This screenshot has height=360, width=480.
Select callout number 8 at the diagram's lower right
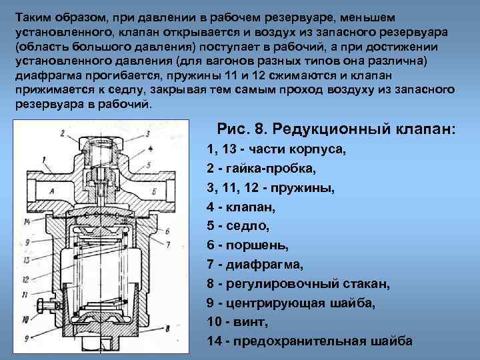(x=168, y=329)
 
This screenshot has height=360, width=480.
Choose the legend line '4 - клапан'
(x=241, y=207)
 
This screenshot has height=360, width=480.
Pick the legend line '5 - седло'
(x=239, y=226)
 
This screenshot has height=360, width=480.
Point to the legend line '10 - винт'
(x=237, y=322)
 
